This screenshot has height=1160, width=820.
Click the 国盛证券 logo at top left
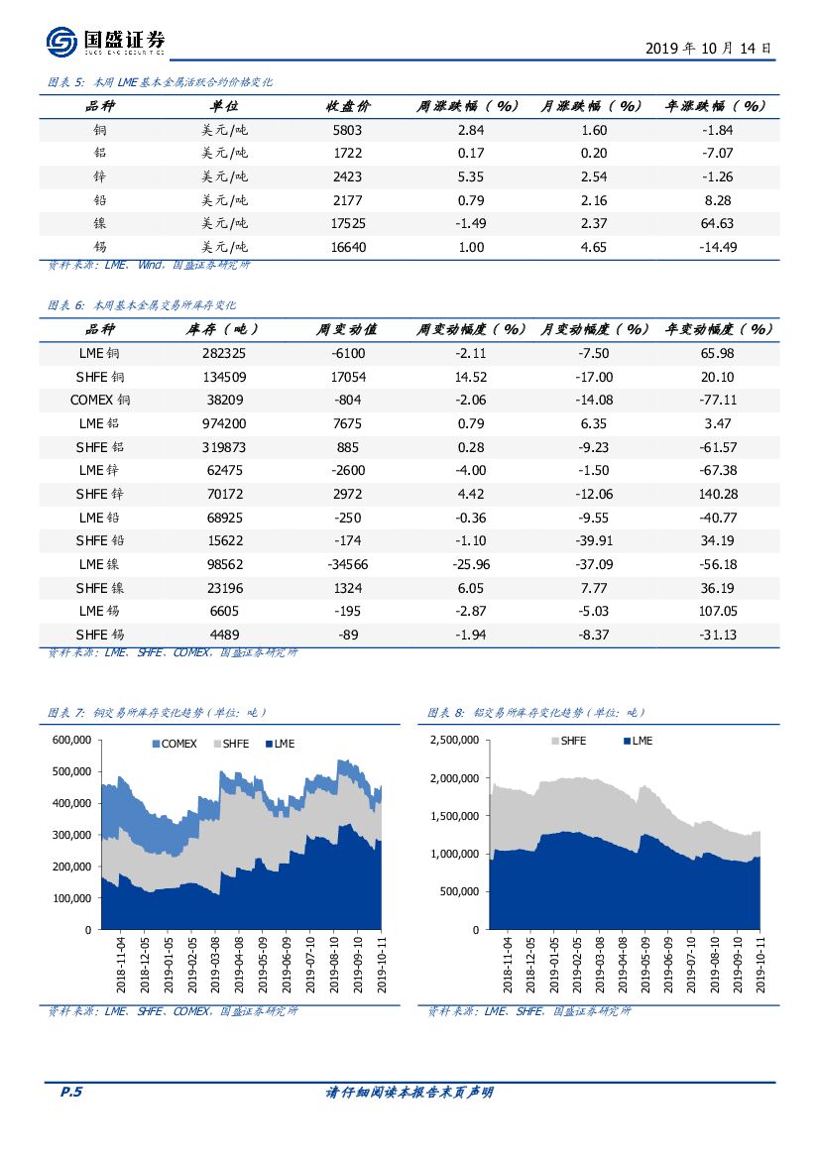[x=105, y=43]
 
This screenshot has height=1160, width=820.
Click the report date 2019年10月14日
[x=708, y=48]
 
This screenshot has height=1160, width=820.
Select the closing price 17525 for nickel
[x=348, y=223]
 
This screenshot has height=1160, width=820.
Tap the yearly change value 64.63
[x=716, y=223]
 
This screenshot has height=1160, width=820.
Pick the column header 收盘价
[x=348, y=106]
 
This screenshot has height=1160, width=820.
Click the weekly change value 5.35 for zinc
[x=471, y=176]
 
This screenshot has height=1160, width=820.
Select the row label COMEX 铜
[x=99, y=400]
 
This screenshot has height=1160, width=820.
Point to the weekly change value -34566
[x=348, y=564]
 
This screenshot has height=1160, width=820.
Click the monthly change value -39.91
[x=594, y=540]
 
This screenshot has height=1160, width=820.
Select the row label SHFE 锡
[x=99, y=635]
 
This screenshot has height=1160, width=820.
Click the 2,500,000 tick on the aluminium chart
[x=453, y=740]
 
